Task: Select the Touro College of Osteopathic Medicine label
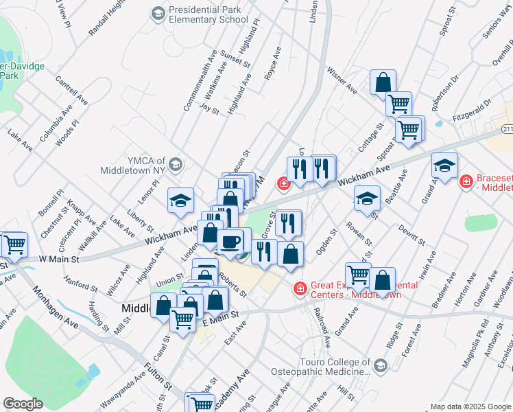(330, 365)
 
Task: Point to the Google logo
(23, 404)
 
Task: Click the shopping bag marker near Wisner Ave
(383, 81)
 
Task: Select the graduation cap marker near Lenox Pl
(180, 200)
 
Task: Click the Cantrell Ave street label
(73, 91)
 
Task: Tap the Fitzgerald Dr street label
(473, 110)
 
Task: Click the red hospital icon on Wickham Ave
(282, 183)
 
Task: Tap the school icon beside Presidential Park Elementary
(158, 14)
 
